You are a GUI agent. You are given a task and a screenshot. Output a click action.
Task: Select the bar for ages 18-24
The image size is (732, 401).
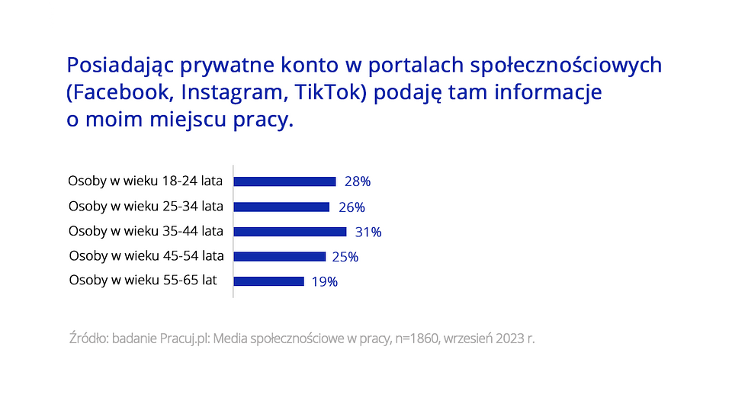pyautogui.click(x=284, y=181)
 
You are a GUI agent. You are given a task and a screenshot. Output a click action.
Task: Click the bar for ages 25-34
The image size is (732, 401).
pyautogui.click(x=281, y=207)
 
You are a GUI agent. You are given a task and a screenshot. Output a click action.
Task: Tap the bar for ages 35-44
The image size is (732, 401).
pyautogui.click(x=290, y=232)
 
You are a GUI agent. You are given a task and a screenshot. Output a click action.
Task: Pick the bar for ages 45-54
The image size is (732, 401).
pyautogui.click(x=279, y=256)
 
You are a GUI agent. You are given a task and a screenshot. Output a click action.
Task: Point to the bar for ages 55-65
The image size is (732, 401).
pyautogui.click(x=268, y=281)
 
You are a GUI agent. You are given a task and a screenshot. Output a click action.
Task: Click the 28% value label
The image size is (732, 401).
pyautogui.click(x=358, y=182)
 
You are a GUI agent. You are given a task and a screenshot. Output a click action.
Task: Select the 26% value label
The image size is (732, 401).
pyautogui.click(x=352, y=207)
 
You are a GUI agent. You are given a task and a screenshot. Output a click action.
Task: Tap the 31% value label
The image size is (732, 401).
pyautogui.click(x=368, y=232)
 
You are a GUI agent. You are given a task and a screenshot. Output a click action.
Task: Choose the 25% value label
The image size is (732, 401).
pyautogui.click(x=345, y=257)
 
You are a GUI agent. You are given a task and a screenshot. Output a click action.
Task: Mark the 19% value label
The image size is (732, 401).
pyautogui.click(x=324, y=282)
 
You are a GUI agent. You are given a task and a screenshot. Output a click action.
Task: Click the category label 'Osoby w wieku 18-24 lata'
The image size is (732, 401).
pyautogui.click(x=146, y=181)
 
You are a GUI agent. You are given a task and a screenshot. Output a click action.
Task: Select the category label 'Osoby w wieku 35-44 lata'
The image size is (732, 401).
pyautogui.click(x=146, y=231)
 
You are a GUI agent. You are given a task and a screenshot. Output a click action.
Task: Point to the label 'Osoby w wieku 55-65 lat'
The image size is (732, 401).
pyautogui.click(x=143, y=281)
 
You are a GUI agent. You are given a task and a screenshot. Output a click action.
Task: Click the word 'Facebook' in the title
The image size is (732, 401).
pyautogui.click(x=118, y=93)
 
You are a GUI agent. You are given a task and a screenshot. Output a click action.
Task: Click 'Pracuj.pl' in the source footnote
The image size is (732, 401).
pyautogui.click(x=182, y=338)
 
